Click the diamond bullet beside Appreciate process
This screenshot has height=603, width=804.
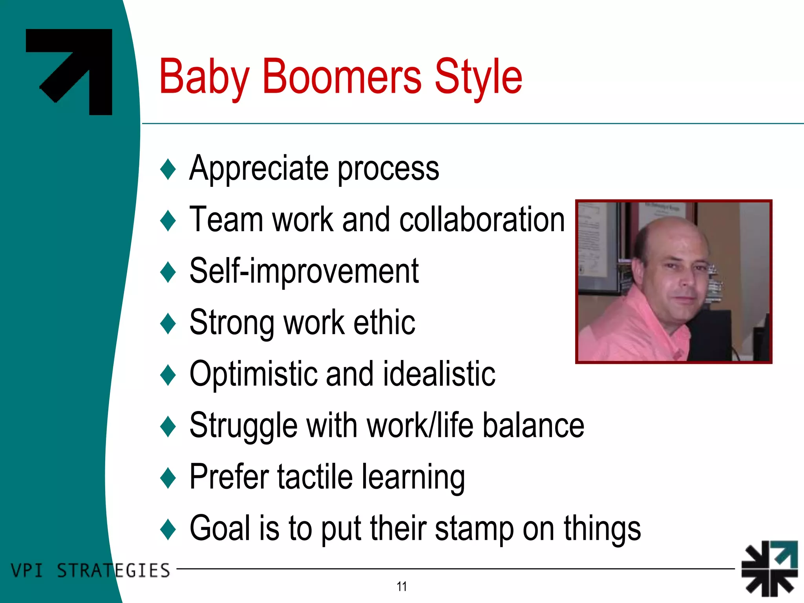click(168, 169)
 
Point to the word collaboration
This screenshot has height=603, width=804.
click(482, 220)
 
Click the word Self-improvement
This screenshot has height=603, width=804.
click(304, 271)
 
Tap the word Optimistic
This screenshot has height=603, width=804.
click(253, 374)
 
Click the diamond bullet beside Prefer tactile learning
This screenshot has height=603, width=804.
click(168, 478)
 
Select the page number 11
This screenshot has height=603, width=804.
click(402, 587)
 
